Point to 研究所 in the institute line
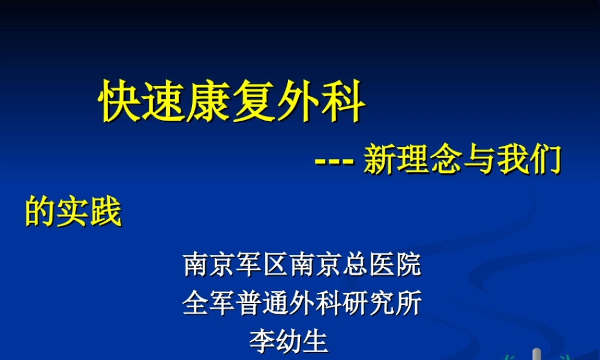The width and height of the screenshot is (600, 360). tap(381, 304)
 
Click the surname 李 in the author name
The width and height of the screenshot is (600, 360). tap(262, 341)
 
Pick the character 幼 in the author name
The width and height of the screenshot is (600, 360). tap(289, 341)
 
